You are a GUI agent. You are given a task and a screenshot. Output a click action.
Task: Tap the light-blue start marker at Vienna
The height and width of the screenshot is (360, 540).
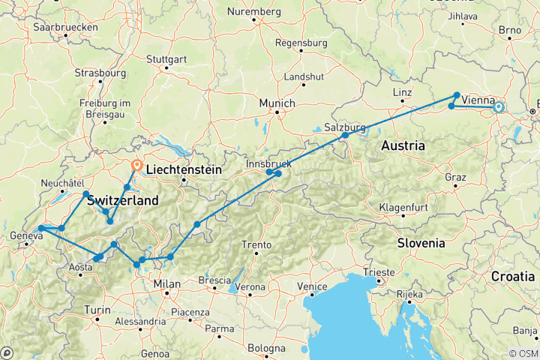tap(498, 108)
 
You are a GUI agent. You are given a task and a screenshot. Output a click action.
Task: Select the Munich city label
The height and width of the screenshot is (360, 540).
tap(278, 103)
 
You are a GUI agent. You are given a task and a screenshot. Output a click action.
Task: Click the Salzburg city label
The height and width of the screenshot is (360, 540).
tap(345, 127)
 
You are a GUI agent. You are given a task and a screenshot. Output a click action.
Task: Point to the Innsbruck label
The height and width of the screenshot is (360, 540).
tap(269, 163)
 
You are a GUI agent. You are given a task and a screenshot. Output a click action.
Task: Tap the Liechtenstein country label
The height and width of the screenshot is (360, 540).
tap(184, 170)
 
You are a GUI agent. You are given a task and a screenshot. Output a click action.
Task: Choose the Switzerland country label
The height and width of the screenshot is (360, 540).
tap(123, 201)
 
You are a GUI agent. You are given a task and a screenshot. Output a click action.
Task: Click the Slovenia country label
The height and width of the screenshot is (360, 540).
tap(420, 243)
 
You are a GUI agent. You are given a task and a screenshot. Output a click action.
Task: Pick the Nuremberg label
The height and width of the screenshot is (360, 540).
tap(257, 11)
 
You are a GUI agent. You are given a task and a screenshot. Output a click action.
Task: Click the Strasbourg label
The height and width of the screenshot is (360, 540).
tap(100, 73)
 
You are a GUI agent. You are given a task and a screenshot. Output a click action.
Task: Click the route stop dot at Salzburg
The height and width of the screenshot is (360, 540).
tap(346, 135)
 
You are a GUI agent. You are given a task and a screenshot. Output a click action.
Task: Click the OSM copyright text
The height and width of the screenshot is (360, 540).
tap(522, 353)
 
